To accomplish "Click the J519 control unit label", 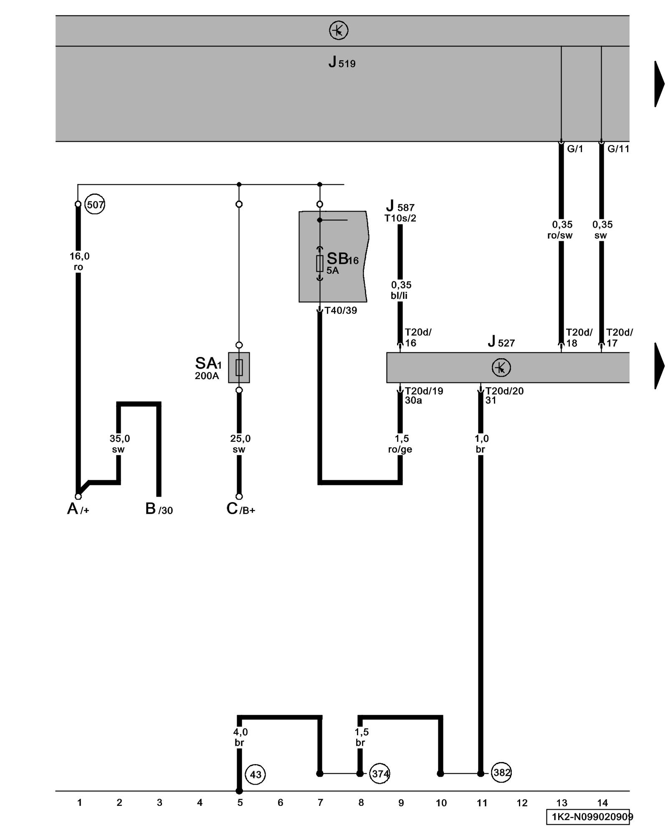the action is point(342,63).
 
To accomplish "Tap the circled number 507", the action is point(95,205).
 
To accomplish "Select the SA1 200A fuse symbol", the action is point(239,367).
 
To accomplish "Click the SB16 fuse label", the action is point(342,260).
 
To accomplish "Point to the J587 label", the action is point(400,207).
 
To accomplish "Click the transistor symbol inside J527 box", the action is point(501,368).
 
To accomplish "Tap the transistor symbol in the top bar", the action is point(339,31).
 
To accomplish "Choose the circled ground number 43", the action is point(255,775).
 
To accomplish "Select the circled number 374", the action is point(380,774).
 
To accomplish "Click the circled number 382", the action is point(501,772).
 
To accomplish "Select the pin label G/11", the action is point(618,149).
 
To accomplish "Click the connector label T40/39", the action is point(341,311).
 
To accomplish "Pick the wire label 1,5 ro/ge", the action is point(400,444).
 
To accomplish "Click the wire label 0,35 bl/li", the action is point(400,290).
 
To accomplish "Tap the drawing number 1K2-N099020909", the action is point(589,817).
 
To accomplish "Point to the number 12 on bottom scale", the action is point(522,803).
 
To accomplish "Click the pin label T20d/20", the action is point(504,391).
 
